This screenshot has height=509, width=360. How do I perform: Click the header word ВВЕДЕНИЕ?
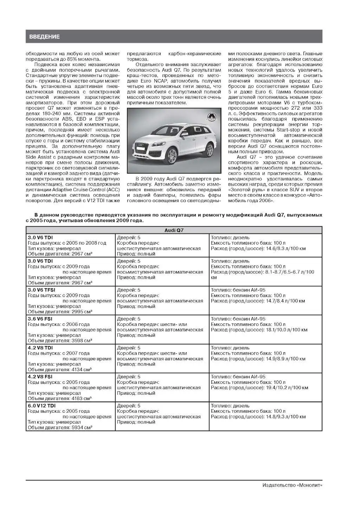44,37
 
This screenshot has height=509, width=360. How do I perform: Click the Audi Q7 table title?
174,230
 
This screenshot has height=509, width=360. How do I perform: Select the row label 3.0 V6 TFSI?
41,290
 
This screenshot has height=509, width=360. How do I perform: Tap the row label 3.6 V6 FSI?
40,319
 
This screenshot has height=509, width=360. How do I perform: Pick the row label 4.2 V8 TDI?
40,348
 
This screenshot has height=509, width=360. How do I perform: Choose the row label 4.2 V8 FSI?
40,377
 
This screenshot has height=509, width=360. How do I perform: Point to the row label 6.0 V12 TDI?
41,406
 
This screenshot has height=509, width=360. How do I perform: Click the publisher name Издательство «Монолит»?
292,485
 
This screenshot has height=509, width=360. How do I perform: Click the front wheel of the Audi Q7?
173,155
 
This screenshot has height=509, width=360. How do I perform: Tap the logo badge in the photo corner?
211,117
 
